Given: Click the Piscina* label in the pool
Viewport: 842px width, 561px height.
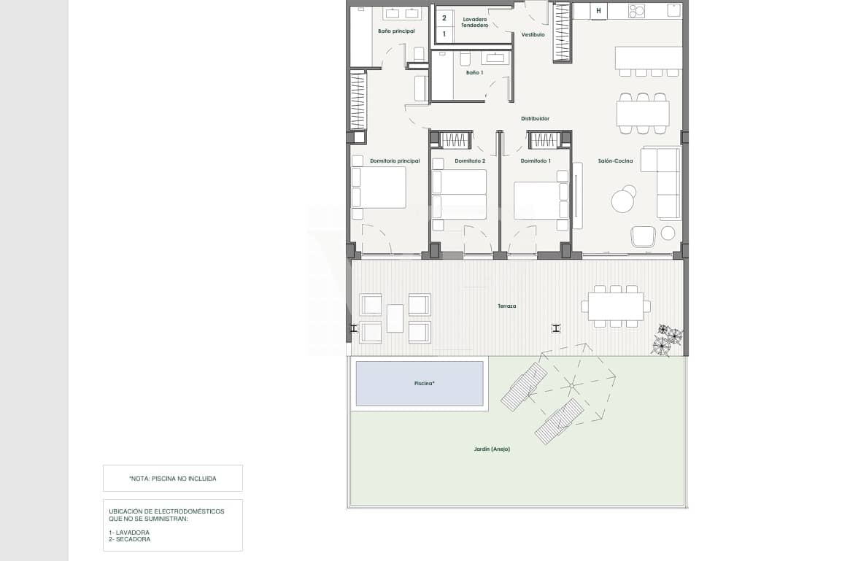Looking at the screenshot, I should point(419,383).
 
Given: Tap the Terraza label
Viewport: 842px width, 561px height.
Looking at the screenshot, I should point(507,306).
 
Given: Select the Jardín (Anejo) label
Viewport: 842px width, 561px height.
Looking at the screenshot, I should point(492,449).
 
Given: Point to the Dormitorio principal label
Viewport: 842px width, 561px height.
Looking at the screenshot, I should point(395,160).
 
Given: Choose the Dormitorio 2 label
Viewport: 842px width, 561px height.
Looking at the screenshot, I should point(470,160).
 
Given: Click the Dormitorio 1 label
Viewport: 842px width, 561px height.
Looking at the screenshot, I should point(536,160).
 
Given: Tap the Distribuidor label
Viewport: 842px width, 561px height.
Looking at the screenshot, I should point(535,118).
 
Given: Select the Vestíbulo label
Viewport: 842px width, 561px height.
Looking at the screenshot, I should point(533,34).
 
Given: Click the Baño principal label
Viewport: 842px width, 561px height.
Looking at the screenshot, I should point(396,31).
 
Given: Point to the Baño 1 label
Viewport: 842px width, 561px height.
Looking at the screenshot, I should point(474,72).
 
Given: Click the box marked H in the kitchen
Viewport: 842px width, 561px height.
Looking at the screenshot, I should point(598,11).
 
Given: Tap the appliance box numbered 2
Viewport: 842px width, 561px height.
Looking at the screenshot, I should point(444,18).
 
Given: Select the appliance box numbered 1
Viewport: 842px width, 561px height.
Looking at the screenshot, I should point(444,34).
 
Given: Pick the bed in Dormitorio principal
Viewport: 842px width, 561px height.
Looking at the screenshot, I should point(379,187).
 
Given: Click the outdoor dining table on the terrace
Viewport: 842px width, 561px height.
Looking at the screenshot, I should point(616,306).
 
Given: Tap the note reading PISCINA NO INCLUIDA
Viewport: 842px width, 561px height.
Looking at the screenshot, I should point(173,479).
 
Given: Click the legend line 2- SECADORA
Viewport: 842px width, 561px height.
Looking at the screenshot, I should point(130,539).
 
